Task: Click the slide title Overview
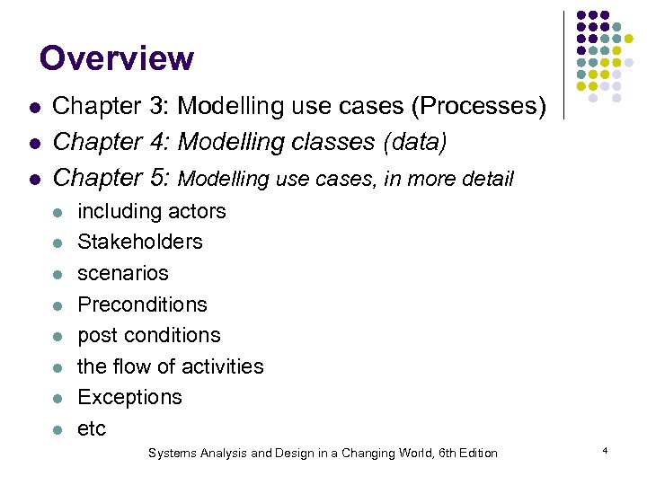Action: pyautogui.click(x=116, y=58)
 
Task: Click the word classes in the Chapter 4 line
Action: pyautogui.click(x=322, y=142)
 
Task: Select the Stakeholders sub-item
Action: pyautogui.click(x=140, y=242)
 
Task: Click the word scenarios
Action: pyautogui.click(x=123, y=273)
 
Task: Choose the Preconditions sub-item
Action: pyautogui.click(x=142, y=304)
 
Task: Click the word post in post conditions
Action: pyautogui.click(x=96, y=336)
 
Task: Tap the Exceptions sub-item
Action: pyautogui.click(x=129, y=397)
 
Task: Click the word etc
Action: pyautogui.click(x=92, y=429)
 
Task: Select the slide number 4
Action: pyautogui.click(x=606, y=449)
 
